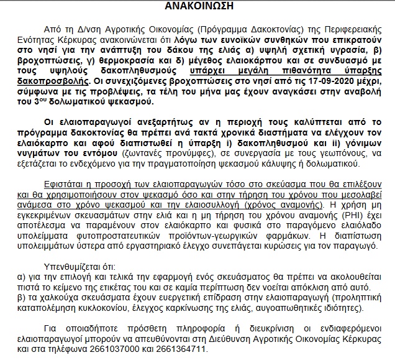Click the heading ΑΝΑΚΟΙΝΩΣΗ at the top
[197, 7]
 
